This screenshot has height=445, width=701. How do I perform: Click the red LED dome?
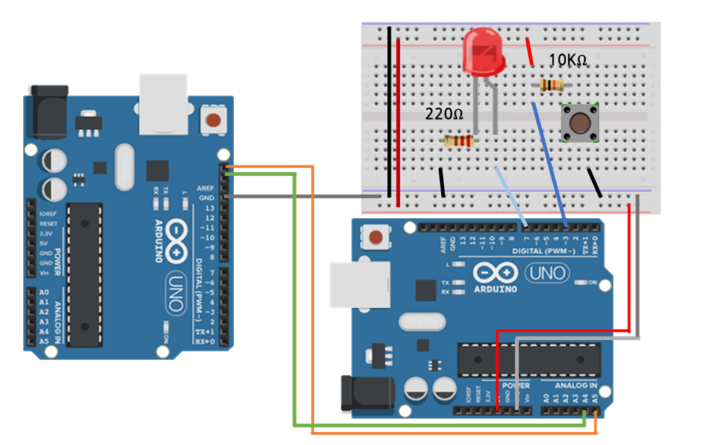(x=483, y=51)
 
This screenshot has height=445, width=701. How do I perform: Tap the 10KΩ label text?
(x=568, y=62)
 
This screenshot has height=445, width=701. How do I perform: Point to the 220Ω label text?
(x=444, y=115)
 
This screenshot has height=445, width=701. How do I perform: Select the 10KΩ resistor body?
(x=551, y=85)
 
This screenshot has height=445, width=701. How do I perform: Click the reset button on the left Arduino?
(x=213, y=121)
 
